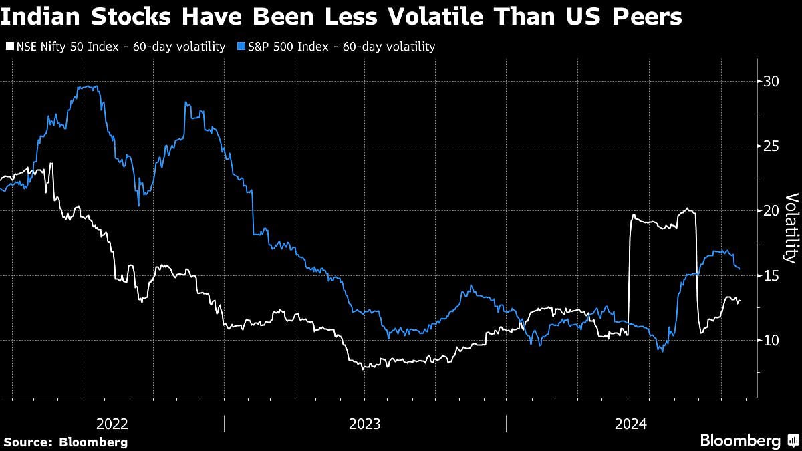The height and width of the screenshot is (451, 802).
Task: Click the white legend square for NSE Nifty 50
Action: (9, 47)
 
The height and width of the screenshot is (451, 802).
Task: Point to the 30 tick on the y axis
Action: (771, 82)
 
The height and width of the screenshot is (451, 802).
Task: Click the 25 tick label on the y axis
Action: (771, 146)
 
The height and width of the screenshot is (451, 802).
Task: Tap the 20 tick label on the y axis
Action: (771, 211)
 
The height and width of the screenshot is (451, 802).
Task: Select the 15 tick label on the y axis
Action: (771, 276)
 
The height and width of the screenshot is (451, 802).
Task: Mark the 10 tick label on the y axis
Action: (771, 341)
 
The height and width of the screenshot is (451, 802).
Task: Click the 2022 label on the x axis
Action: (112, 424)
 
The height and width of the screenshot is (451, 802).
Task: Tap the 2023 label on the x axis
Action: (364, 424)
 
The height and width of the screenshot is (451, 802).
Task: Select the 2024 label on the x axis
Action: (630, 424)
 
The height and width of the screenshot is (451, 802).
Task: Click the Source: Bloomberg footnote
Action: (65, 442)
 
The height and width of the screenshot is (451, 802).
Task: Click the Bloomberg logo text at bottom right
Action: (740, 440)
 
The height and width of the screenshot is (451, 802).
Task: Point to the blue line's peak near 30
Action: (90, 86)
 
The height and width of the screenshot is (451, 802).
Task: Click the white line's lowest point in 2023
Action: (363, 368)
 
